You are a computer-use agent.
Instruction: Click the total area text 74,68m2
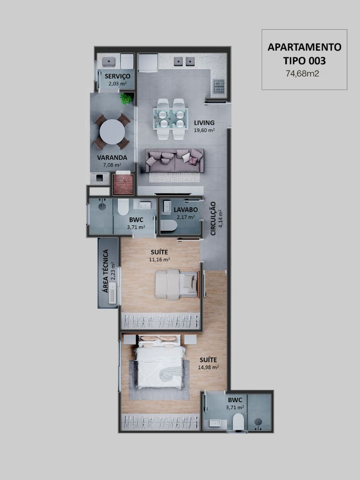point(303,73)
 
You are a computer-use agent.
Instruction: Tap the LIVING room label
point(204,123)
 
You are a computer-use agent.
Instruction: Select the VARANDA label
point(112,158)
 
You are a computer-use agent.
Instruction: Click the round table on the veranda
point(112,132)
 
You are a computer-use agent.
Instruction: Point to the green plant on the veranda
point(126,99)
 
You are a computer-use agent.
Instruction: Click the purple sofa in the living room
point(175,160)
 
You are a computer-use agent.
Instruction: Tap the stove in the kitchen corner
point(219,86)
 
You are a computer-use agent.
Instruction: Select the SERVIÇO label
point(117,76)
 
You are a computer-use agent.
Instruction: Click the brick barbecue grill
point(124,184)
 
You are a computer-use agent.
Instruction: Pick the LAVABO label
point(186,210)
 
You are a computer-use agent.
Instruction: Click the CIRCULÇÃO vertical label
point(213,219)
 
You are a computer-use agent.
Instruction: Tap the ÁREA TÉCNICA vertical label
point(106,271)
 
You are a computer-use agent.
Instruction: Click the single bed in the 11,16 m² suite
point(176,284)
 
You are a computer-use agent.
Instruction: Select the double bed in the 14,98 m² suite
point(161,363)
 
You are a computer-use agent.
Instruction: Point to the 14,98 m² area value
point(208,368)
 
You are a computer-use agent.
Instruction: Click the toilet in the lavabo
point(169,226)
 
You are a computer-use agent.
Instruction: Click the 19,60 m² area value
point(204,130)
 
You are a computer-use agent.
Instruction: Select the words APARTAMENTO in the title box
point(304,47)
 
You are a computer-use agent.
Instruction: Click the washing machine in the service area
point(127,61)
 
